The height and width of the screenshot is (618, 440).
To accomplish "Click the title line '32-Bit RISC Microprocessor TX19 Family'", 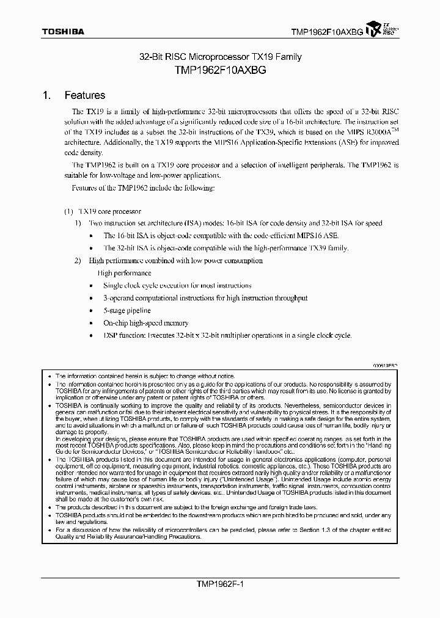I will pyautogui.click(x=220, y=57).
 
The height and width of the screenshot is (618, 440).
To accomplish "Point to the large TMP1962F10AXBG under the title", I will pyautogui.click(x=220, y=70).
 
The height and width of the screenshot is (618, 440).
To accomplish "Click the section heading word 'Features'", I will pyautogui.click(x=85, y=96).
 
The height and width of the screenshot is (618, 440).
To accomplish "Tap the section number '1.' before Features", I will pyautogui.click(x=46, y=96).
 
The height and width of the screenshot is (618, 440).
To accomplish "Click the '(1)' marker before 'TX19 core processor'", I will pyautogui.click(x=68, y=211).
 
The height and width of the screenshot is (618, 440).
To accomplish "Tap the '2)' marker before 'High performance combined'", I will pyautogui.click(x=78, y=261).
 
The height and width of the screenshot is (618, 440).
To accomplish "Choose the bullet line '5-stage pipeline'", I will pyautogui.click(x=127, y=311).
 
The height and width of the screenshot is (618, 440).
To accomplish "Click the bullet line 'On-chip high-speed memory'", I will pyautogui.click(x=145, y=323).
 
